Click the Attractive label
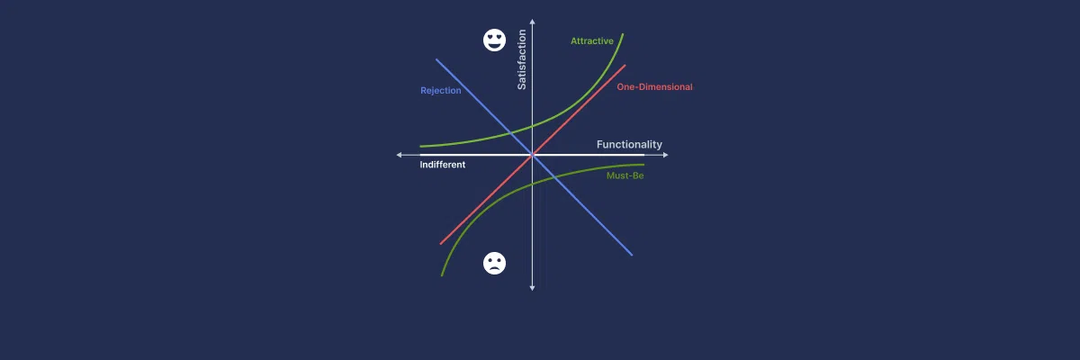tap(591, 41)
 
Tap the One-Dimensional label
tap(654, 86)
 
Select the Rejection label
tap(441, 91)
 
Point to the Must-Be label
tap(625, 175)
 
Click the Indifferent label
tap(442, 165)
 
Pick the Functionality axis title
tap(629, 144)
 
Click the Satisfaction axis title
tap(522, 59)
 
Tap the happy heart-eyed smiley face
tap(494, 40)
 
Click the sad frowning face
tap(494, 263)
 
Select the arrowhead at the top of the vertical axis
tap(532, 22)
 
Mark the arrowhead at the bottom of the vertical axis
tap(532, 288)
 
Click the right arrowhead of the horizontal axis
tap(666, 155)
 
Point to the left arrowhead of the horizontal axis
tap(399, 155)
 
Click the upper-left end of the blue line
tap(436, 59)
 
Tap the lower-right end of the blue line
tap(632, 255)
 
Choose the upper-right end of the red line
tap(625, 65)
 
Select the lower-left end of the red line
tap(441, 244)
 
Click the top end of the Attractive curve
tap(623, 33)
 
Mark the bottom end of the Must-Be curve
tap(442, 275)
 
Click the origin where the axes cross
tap(532, 155)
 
